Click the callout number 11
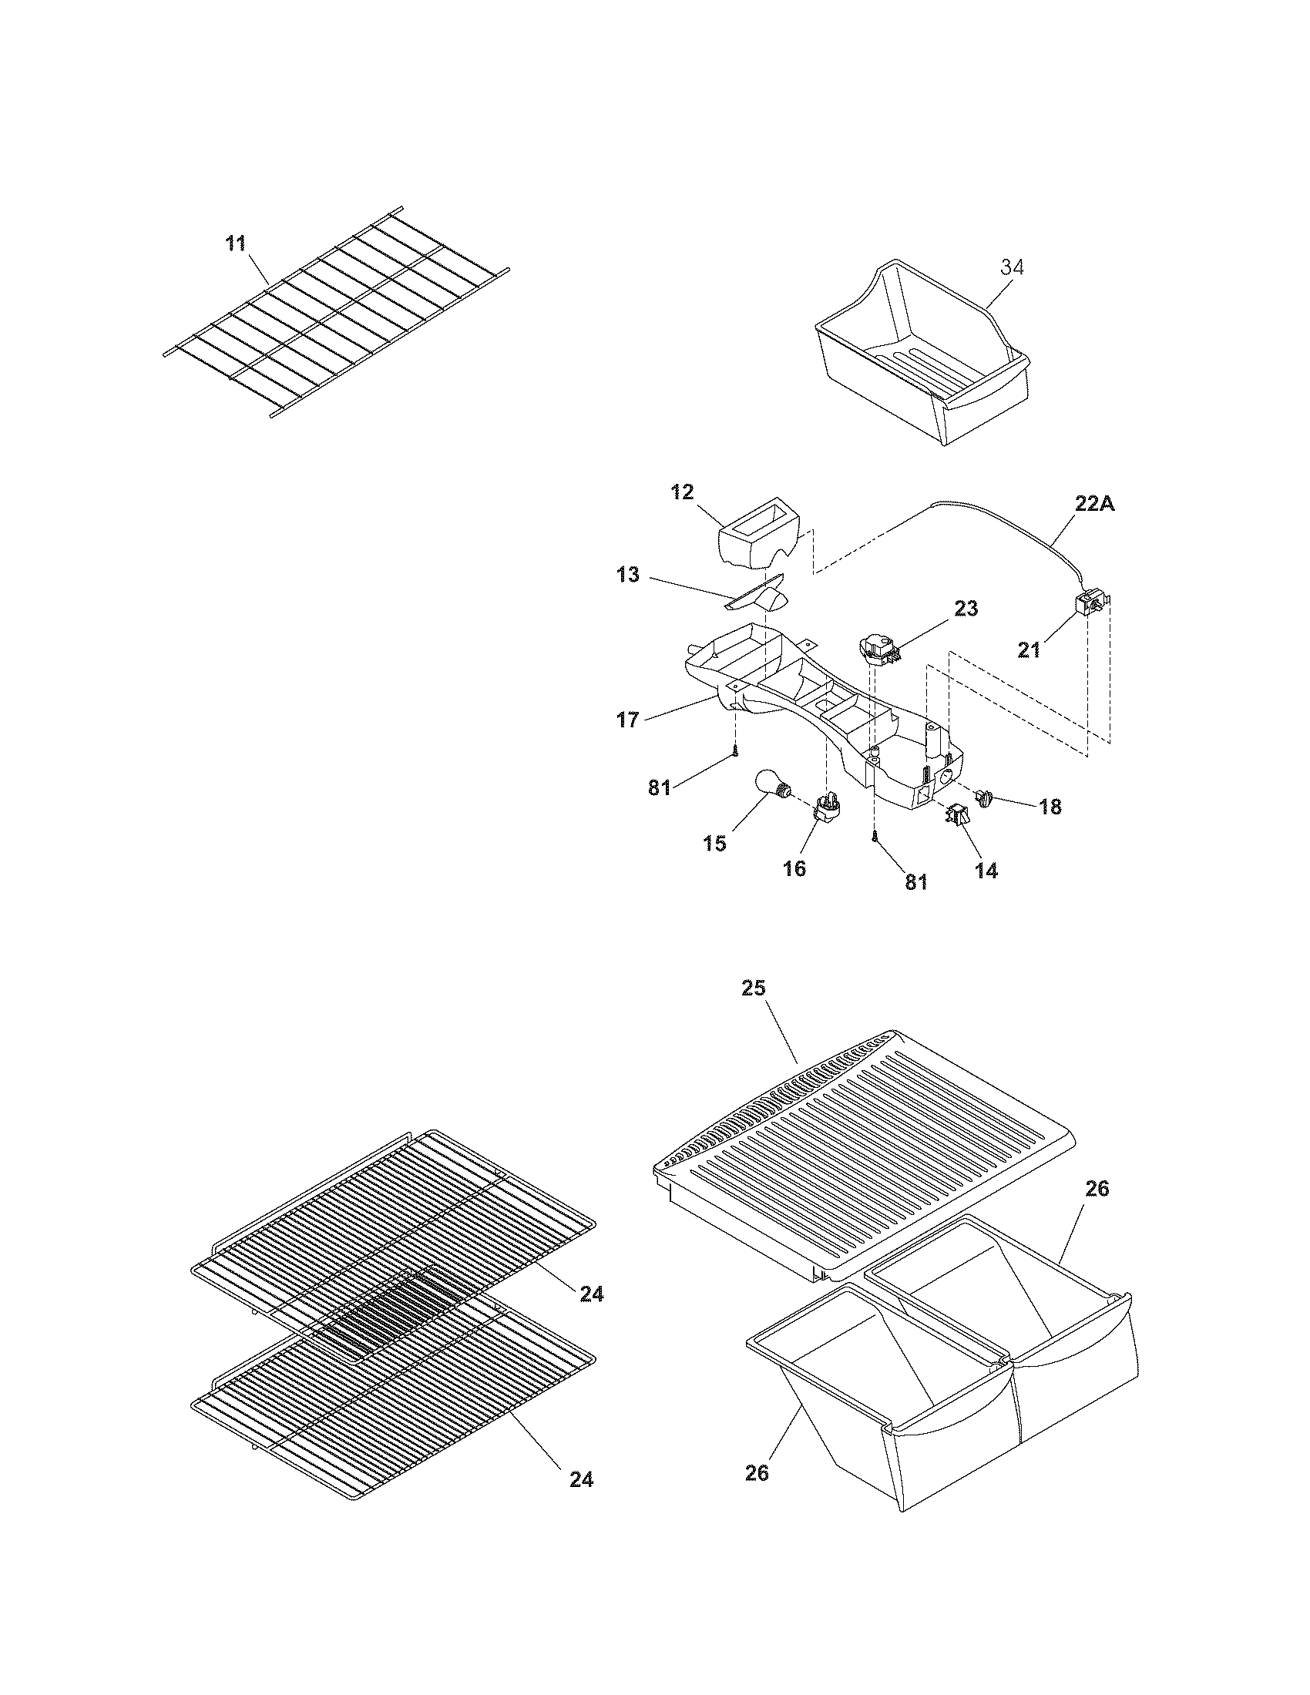pyautogui.click(x=235, y=243)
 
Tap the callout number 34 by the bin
pyautogui.click(x=1011, y=267)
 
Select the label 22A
pyautogui.click(x=1095, y=504)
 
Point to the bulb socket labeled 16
pyautogui.click(x=828, y=807)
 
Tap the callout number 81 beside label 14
pyautogui.click(x=915, y=882)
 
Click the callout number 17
pyautogui.click(x=628, y=720)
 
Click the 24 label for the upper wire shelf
pyautogui.click(x=591, y=1294)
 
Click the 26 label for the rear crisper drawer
pyautogui.click(x=1097, y=1188)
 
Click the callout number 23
pyautogui.click(x=966, y=608)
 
